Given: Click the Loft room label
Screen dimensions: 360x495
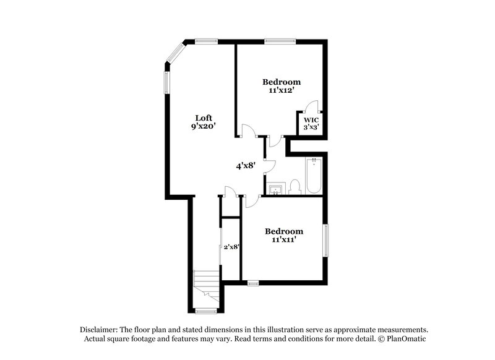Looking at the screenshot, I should (204, 118).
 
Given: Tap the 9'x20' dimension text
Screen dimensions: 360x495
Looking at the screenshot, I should (204, 126).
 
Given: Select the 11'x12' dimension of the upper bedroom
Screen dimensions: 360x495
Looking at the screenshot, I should (281, 90).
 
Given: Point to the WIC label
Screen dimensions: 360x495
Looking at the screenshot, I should (311, 119).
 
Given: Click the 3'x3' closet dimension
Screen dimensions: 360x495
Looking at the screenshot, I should (311, 127).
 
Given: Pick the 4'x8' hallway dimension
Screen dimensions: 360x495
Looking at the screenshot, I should (246, 166).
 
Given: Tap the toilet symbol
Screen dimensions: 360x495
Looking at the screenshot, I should (295, 187).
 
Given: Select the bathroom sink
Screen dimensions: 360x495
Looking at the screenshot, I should (275, 188).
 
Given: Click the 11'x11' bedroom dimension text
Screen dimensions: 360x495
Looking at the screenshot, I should (284, 240).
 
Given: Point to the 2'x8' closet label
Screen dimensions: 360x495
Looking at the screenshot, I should (231, 247).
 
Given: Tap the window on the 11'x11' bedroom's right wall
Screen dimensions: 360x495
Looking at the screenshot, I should (326, 239).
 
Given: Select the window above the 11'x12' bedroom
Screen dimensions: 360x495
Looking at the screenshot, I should (274, 42).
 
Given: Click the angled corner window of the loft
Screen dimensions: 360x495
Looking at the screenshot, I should (176, 53).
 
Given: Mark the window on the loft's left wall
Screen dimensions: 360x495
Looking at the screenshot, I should (166, 83).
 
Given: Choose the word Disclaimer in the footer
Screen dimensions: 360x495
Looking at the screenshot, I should (100, 330).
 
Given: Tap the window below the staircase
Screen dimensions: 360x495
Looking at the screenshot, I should (206, 311).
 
